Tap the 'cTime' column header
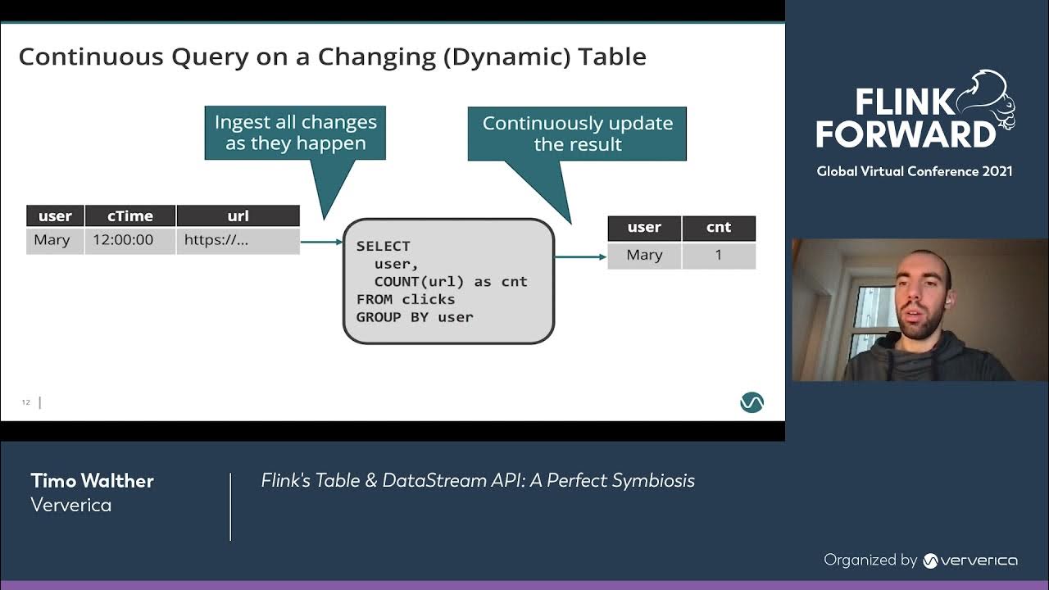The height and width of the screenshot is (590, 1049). [x=129, y=216]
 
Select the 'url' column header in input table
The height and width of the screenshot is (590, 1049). [x=238, y=216]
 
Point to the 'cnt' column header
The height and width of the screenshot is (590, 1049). [x=718, y=228]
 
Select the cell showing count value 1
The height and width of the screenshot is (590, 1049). [x=718, y=256]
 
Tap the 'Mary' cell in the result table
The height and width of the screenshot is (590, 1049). [x=644, y=256]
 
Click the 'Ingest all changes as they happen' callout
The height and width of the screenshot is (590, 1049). [x=295, y=133]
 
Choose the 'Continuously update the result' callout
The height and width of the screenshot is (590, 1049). [x=577, y=134]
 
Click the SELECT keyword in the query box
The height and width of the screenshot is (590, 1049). [x=383, y=246]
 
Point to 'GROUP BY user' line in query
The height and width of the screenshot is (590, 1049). [x=415, y=317]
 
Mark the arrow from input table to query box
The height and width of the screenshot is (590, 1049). [x=321, y=242]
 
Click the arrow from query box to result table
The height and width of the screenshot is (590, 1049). [x=580, y=256]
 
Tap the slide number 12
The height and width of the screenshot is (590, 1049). [x=26, y=402]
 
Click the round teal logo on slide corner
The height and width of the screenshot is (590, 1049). [x=752, y=402]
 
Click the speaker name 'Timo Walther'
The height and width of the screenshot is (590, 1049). [x=92, y=481]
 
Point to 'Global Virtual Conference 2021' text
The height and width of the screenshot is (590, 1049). [x=914, y=171]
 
